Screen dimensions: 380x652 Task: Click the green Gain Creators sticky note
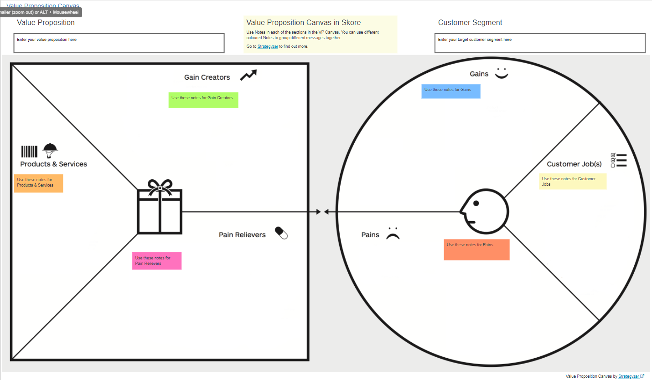coord(203,100)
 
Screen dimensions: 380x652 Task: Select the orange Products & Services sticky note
coord(38,183)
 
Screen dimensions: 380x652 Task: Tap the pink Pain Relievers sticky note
coord(157,261)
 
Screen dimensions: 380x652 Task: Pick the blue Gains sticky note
coord(450,91)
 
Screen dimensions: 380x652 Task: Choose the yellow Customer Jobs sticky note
coord(573,182)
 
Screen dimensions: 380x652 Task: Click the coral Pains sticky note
coord(476,250)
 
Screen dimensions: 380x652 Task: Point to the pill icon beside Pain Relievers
coord(281,233)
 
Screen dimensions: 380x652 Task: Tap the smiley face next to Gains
coord(502,73)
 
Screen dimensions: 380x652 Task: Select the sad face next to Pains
coord(393,234)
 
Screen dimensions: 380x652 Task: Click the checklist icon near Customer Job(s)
coord(619,160)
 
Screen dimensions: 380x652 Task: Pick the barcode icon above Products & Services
coord(29,151)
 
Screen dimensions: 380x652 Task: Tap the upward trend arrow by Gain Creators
coord(248,75)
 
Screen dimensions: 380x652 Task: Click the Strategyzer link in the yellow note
coord(268,46)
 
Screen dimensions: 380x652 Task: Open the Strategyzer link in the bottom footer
coord(629,376)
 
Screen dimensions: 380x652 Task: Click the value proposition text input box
coord(119,43)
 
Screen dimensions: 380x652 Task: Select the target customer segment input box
coord(540,43)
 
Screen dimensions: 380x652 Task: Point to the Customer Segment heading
coord(470,22)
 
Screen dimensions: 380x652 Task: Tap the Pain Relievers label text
coord(242,235)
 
